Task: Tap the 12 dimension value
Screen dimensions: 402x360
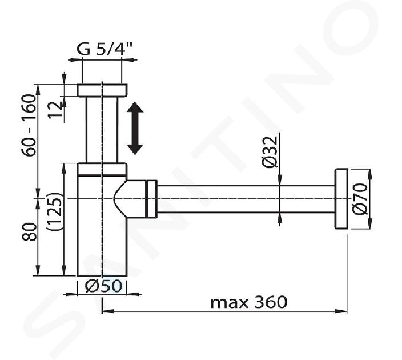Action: point(55,110)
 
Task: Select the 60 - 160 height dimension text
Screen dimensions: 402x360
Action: point(29,126)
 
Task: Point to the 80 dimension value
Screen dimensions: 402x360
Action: point(29,232)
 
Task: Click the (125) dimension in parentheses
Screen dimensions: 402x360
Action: point(54,211)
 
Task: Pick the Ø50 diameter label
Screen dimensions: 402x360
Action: point(103,286)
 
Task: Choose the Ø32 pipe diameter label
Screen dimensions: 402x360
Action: point(270,152)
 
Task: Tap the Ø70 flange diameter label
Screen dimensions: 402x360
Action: point(360,199)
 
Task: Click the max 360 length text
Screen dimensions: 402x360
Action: point(248,302)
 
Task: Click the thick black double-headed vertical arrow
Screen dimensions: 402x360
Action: point(135,128)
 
